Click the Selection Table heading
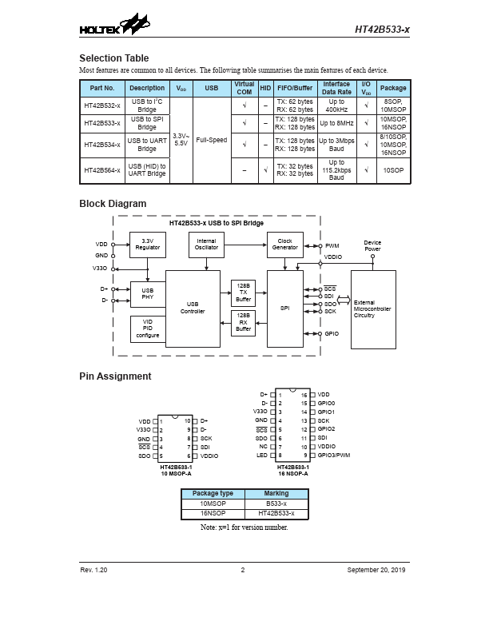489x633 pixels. tap(113, 58)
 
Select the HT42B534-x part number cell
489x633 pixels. tap(102, 145)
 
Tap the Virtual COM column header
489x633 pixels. tap(244, 88)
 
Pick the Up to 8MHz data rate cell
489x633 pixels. tap(336, 122)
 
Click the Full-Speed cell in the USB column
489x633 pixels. tap(211, 140)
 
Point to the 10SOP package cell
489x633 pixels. tap(393, 170)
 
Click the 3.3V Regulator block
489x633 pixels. tap(147, 245)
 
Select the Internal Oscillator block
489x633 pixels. tap(205, 245)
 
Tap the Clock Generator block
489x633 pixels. tap(284, 245)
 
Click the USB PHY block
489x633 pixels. tap(147, 294)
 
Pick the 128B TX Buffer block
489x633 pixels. tap(244, 293)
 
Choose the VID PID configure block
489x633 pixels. tap(147, 328)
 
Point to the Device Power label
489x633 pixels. tap(372, 245)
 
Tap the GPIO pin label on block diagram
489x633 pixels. tap(332, 333)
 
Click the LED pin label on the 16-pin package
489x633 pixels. tap(263, 455)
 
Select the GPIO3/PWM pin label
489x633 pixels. tap(333, 455)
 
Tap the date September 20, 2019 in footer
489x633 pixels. tap(378, 570)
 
